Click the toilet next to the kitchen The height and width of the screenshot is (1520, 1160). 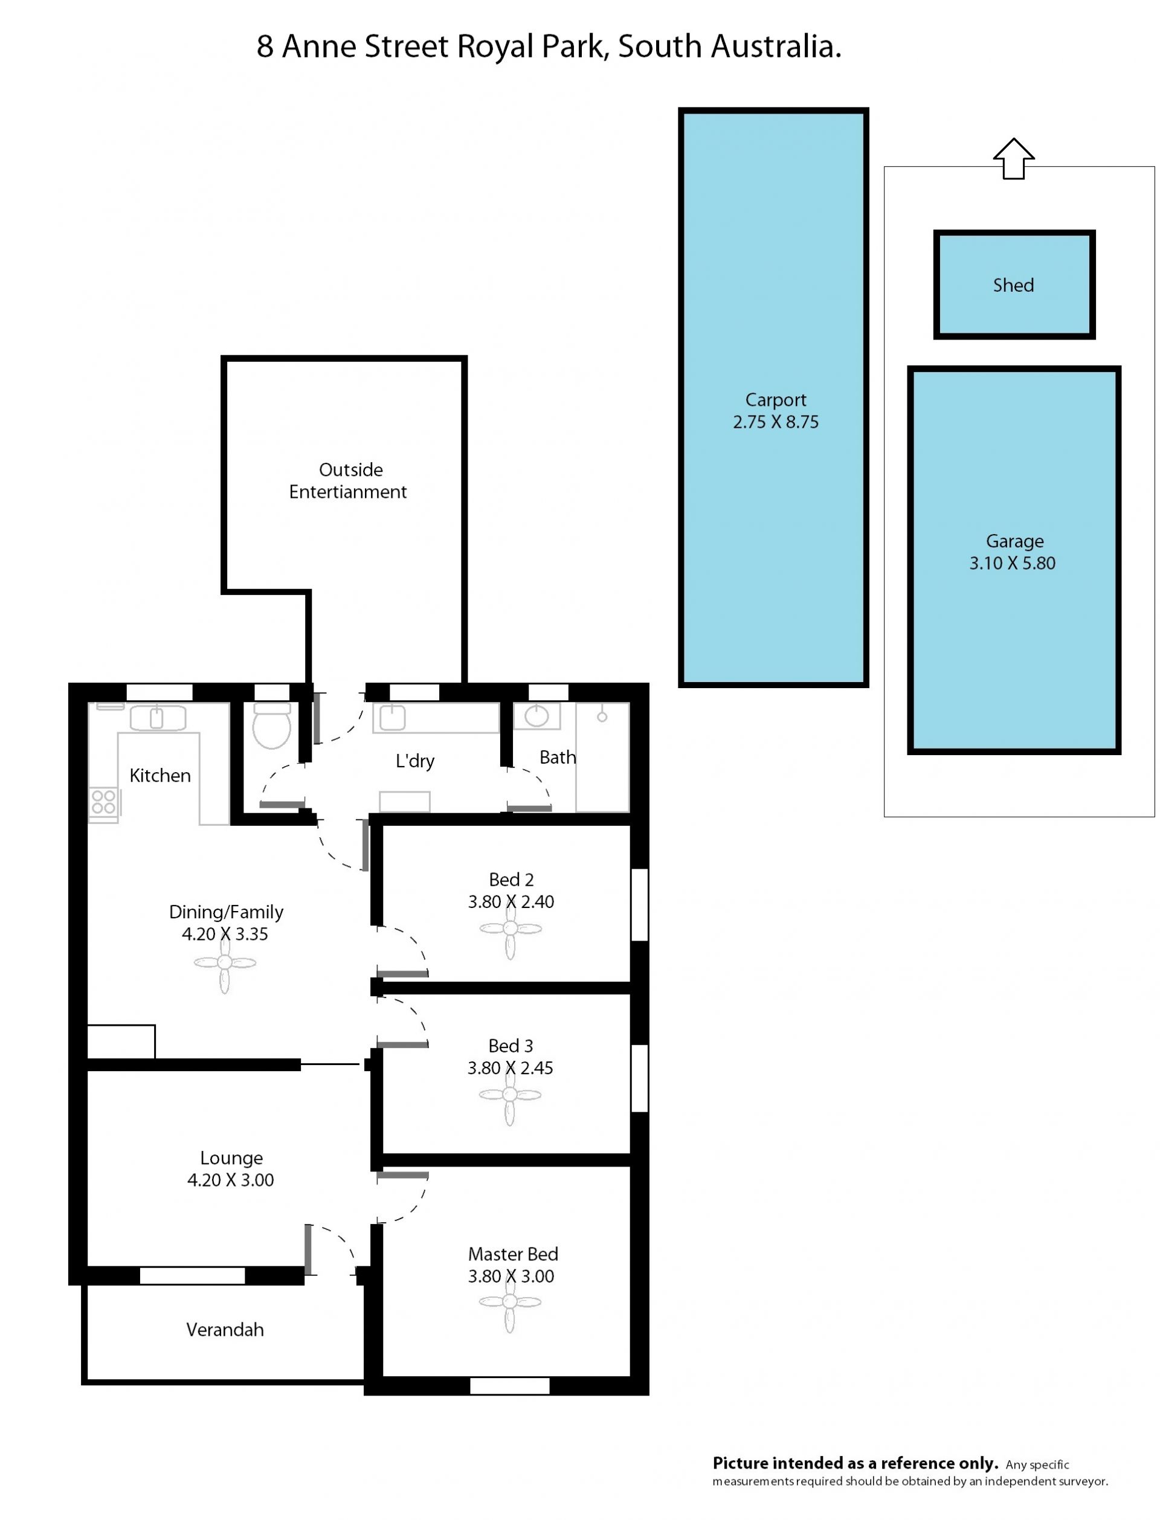pos(271,726)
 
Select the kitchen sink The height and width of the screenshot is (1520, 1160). pos(158,718)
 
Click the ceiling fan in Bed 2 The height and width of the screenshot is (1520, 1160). pos(511,929)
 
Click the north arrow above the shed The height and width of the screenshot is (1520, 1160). pos(1014,159)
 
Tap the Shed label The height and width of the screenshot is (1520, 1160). pos(1013,285)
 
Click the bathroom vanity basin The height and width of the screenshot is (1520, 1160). pos(536,716)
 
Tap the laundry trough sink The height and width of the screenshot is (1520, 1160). pos(392,717)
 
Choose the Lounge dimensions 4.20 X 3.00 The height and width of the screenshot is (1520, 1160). pos(231,1180)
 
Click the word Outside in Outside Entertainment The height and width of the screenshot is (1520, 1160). pos(351,470)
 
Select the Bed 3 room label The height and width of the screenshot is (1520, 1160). pos(511,1046)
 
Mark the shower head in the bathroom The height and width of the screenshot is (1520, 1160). pos(602,716)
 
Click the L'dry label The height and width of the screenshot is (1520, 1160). pos(415,761)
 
